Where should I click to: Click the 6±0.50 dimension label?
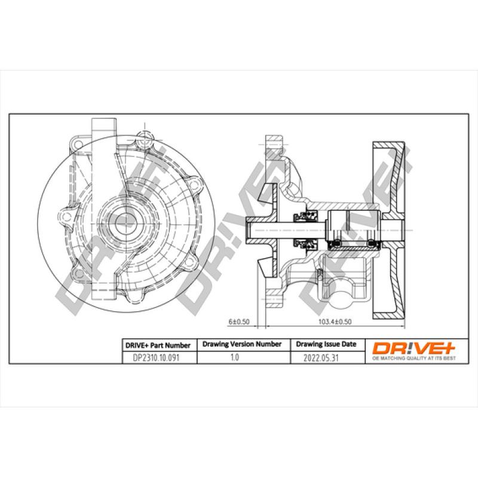(238, 321)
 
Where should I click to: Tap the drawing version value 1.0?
(234, 358)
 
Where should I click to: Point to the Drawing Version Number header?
(242, 345)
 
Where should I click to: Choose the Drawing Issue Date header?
(326, 345)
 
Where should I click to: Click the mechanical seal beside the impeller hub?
(302, 229)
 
